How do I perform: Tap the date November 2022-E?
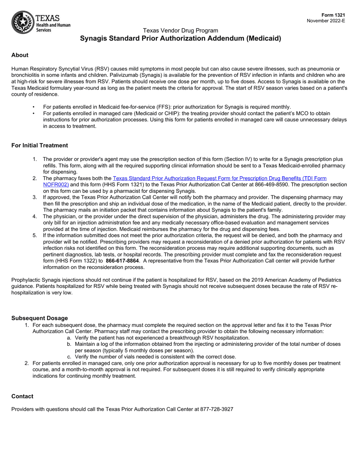(326, 21)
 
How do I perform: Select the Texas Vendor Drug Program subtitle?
(180, 30)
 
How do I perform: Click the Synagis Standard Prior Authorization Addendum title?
(180, 38)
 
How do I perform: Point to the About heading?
(20, 55)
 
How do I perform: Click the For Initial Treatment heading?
(39, 145)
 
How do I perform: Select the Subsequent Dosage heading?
(39, 318)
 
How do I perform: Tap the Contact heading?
(22, 396)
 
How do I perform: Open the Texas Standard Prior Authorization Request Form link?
(220, 178)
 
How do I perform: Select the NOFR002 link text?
(56, 185)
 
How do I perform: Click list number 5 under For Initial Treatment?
(34, 235)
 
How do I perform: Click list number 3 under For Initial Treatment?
(34, 197)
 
